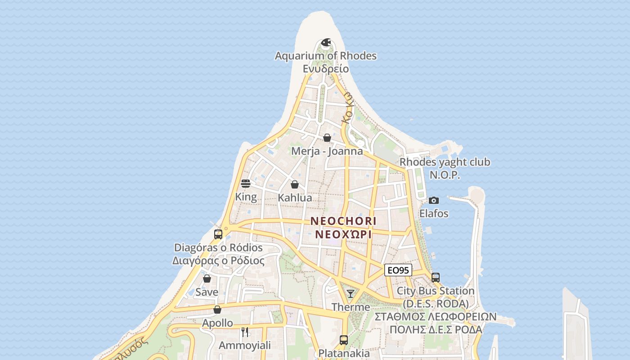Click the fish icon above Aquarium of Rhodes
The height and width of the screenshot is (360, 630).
pos(326,43)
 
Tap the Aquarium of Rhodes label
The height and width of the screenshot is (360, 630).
pos(326,56)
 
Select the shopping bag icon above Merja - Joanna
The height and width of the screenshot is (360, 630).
pos(327,138)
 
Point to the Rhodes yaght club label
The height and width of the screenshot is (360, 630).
pos(445,162)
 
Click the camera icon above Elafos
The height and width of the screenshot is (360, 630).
pos(434,200)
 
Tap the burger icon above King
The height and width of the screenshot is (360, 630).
pos(246,184)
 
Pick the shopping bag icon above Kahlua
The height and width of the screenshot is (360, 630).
pos(295,184)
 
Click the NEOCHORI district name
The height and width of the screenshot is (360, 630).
pos(343,221)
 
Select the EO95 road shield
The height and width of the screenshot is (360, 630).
pos(398,270)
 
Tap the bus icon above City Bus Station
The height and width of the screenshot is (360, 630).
pos(435,278)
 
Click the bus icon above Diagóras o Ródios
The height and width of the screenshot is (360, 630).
pos(218,234)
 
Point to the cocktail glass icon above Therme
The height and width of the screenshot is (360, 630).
pos(351,294)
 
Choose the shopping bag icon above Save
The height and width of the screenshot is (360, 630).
pos(207,279)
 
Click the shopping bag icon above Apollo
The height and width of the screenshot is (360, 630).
pos(217,310)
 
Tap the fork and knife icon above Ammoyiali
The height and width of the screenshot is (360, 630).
pos(245,332)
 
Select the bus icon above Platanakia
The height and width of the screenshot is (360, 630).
pos(344,340)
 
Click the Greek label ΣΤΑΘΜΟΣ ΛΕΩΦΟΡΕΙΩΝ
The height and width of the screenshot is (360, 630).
pos(435,317)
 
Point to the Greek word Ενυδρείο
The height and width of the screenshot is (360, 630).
pos(326,69)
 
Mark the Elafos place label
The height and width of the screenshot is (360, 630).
pos(434,213)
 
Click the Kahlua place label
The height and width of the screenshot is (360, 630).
pos(295,198)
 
